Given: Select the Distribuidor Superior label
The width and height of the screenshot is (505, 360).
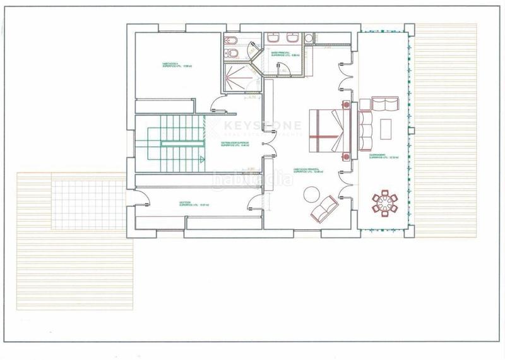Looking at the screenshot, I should tap(235, 145).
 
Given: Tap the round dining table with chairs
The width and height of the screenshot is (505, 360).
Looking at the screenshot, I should tap(384, 203).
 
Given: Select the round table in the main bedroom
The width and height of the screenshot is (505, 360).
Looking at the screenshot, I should tap(312, 195).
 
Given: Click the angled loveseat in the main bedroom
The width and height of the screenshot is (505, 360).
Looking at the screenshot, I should tap(324, 208).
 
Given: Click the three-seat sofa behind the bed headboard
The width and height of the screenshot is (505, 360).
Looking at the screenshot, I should tap(366, 131).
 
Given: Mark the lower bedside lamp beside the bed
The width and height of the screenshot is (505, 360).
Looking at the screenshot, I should tap(346, 156).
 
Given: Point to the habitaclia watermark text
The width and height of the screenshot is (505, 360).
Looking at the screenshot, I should tap(252, 179).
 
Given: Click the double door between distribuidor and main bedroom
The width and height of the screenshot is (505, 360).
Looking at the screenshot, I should tap(263, 146).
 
